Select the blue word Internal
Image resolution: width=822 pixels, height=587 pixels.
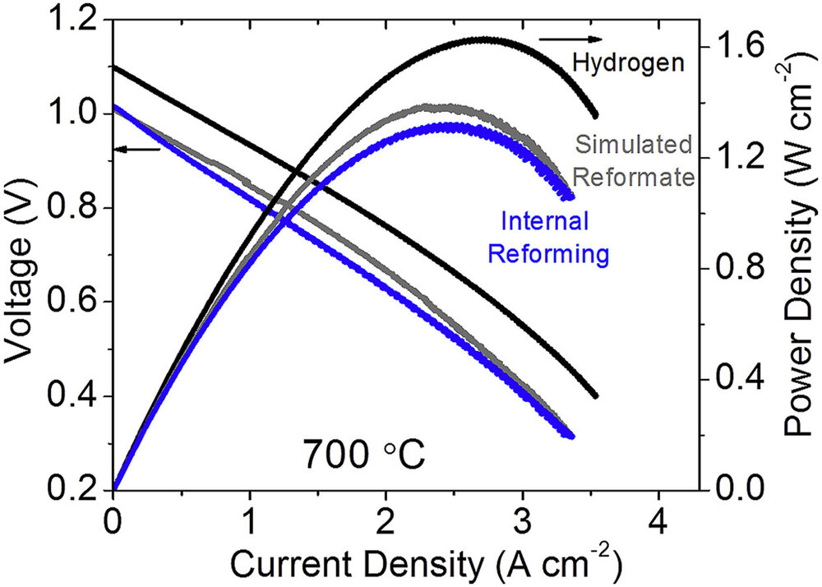point(545,222)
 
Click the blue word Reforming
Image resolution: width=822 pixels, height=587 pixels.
point(547,254)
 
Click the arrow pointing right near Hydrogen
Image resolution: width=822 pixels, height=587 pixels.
point(571,39)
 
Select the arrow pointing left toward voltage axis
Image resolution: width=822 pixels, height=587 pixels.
point(136,149)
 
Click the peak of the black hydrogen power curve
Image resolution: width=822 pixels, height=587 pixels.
point(485,39)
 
